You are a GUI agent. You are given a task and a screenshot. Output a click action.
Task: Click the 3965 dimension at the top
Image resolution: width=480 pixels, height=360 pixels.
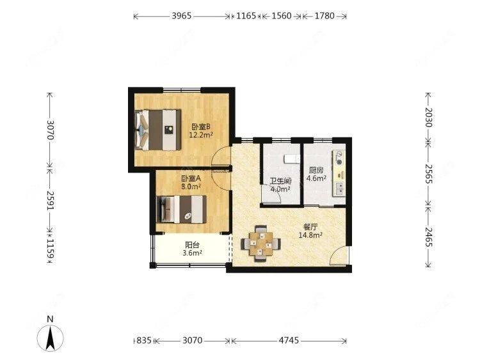tap(182, 17)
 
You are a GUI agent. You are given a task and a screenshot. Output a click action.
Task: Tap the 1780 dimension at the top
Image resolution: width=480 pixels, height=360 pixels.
tap(324, 17)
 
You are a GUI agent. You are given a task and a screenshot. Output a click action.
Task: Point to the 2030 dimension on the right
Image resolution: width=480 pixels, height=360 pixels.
tap(429, 117)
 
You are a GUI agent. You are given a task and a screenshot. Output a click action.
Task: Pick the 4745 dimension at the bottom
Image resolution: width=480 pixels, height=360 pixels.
tap(288, 341)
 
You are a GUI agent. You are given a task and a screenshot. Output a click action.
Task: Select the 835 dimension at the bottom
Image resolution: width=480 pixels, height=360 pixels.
tap(145, 341)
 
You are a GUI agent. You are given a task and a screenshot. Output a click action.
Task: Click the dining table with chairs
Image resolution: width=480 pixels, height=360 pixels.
tap(260, 242)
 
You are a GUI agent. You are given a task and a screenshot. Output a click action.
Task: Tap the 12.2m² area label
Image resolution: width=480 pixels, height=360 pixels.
tap(200, 135)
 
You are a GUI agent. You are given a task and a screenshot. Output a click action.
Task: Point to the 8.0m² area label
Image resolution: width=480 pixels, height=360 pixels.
tap(191, 187)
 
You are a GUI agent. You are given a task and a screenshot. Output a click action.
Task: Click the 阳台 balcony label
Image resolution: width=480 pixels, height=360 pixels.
tap(191, 244)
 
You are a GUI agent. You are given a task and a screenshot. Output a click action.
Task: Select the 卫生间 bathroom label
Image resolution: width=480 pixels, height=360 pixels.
tap(280, 181)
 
